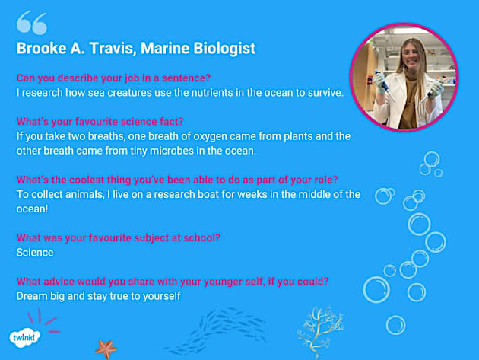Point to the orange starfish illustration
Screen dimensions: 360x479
pos(106,348)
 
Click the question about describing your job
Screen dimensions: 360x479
pos(114,78)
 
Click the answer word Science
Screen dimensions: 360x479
pos(35,252)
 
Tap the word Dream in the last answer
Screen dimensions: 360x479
pos(32,295)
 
